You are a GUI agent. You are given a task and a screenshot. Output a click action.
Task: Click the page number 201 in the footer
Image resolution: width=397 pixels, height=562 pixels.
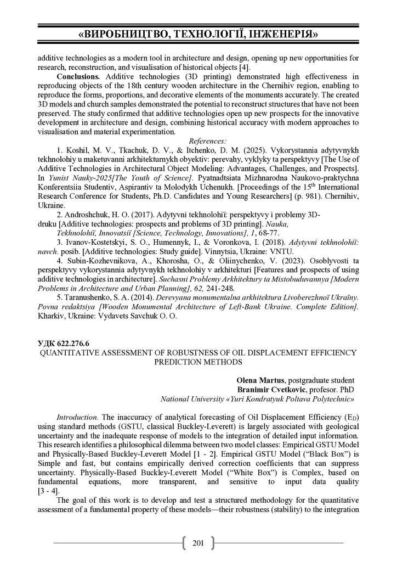point(198,543)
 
